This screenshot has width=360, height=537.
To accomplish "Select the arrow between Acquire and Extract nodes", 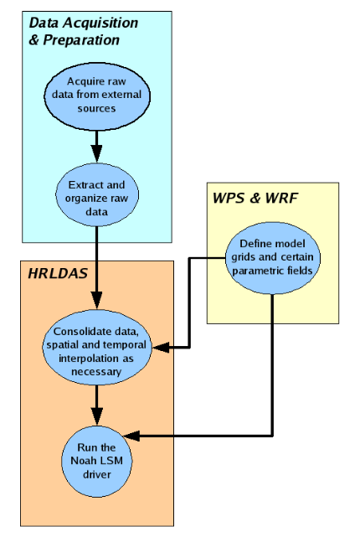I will point(98,143).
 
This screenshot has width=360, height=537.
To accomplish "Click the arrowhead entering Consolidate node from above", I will point(98,302).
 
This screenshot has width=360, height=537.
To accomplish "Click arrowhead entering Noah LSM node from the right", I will point(132,436).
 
